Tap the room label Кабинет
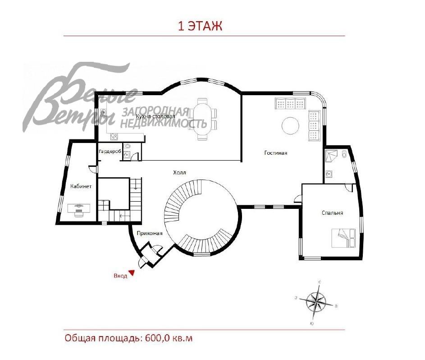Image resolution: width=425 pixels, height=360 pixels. tap(81, 186)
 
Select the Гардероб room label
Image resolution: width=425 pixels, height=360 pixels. tap(110, 152)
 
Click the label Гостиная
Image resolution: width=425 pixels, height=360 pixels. tap(275, 153)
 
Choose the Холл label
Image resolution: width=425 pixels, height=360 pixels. tap(179, 172)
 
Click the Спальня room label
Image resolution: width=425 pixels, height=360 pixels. tap(333, 213)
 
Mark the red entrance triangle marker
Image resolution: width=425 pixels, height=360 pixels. tap(132, 272)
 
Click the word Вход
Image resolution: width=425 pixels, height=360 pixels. tap(120, 276)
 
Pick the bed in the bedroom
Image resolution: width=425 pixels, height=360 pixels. tap(344, 238)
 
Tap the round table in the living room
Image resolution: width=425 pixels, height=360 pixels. tap(290, 125)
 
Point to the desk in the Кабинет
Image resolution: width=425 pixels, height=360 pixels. tap(78, 208)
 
